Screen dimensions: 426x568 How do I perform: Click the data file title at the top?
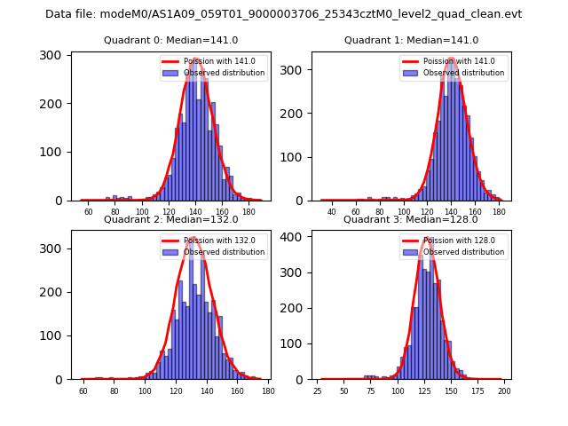point(284,14)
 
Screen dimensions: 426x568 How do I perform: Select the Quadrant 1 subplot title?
point(411,41)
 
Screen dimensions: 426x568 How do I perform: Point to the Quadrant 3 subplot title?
point(411,219)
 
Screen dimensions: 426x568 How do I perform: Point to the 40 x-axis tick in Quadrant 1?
point(332,212)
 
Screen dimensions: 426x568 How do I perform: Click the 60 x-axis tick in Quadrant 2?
point(83,390)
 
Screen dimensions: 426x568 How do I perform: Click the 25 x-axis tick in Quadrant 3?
point(318,390)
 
